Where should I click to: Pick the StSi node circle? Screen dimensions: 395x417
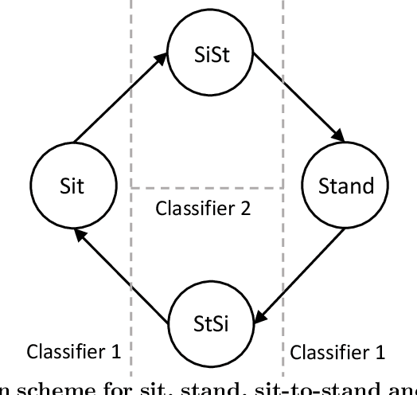click(x=211, y=321)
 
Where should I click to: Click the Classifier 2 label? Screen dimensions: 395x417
click(x=203, y=209)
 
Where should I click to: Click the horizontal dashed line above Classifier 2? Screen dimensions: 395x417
click(x=207, y=188)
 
